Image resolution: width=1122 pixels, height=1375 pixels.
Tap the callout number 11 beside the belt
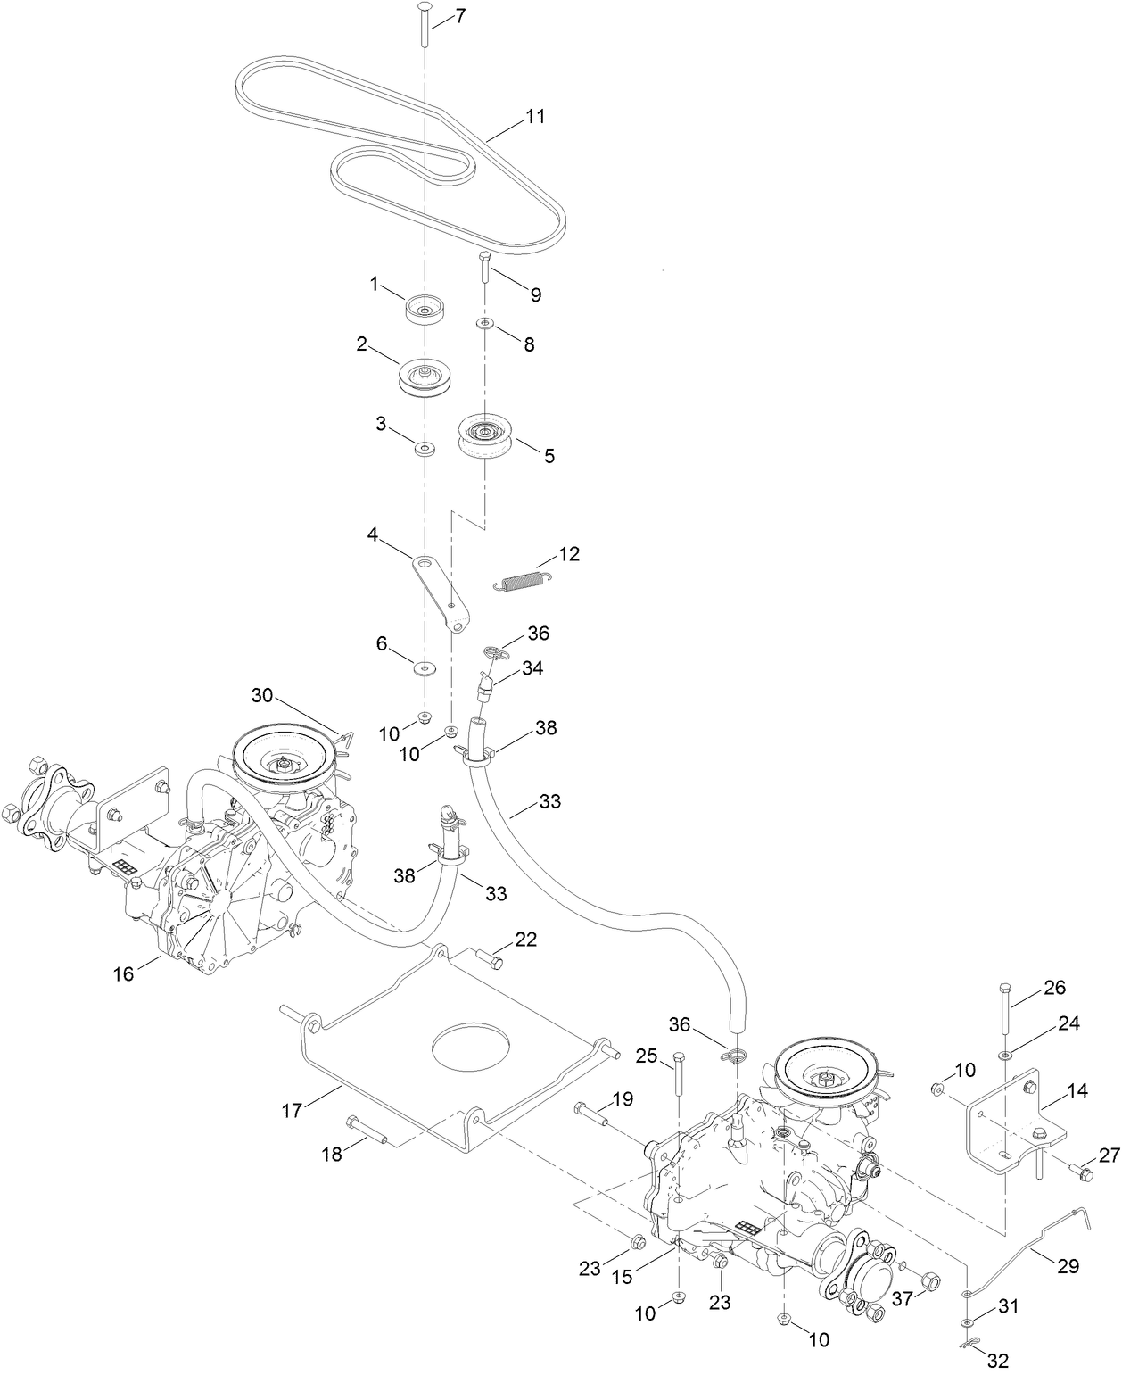535,116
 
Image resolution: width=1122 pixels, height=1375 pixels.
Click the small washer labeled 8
484,321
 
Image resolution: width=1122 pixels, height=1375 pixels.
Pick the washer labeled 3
425,447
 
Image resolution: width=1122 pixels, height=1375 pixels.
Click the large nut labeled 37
927,1280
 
